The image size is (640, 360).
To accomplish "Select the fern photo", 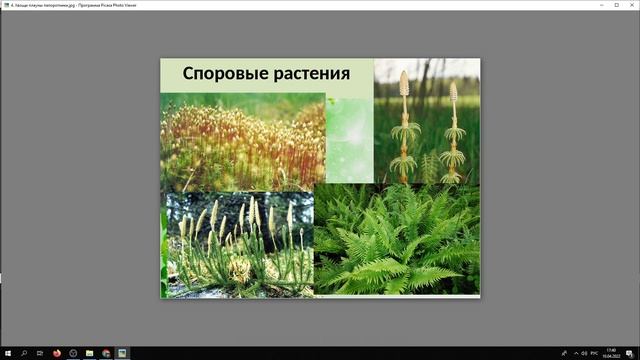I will (x=397, y=240).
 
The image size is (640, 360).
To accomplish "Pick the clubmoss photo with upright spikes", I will (x=237, y=244).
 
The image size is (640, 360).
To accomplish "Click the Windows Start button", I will (x=7, y=353).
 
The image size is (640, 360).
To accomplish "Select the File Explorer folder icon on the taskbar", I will (x=89, y=353).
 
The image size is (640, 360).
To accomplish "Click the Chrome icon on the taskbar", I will (x=105, y=353).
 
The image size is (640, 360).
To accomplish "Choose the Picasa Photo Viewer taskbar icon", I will (x=122, y=353).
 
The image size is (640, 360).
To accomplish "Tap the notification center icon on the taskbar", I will (x=630, y=353).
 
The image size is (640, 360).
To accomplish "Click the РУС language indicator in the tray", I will (x=593, y=353).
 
